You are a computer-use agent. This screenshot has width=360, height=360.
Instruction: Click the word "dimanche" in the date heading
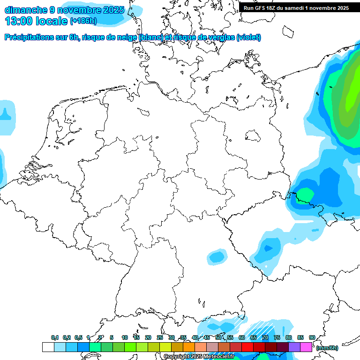[25, 10]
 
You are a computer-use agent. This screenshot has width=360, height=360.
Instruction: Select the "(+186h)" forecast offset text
[84, 22]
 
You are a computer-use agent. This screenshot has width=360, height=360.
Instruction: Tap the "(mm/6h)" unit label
[327, 347]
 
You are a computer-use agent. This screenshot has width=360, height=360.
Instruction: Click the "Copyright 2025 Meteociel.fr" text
[199, 357]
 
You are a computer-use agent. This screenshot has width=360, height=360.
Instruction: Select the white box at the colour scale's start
[48, 347]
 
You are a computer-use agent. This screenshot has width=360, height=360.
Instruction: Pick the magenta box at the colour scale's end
[306, 347]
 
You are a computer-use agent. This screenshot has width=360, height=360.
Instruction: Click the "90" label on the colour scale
[312, 338]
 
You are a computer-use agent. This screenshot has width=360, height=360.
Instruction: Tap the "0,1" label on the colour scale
[54, 338]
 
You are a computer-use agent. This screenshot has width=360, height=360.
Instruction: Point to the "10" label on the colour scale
[124, 338]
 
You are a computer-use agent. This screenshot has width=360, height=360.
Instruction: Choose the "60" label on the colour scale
[241, 338]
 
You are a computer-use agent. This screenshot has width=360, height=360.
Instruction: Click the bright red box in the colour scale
[247, 347]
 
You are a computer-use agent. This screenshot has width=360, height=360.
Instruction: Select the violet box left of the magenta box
[294, 347]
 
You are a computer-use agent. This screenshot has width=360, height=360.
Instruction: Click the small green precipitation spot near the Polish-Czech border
[305, 193]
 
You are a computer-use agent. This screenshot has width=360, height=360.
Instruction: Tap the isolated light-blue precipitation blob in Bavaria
[217, 256]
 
